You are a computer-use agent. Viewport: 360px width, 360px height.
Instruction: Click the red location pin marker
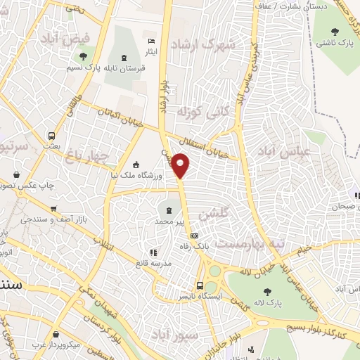coord(181,166)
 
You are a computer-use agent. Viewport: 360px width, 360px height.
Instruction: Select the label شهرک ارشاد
coord(225,44)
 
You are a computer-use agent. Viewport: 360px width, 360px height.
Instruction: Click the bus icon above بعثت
coord(51,136)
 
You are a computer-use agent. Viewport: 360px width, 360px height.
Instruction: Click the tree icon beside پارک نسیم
coord(84,56)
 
